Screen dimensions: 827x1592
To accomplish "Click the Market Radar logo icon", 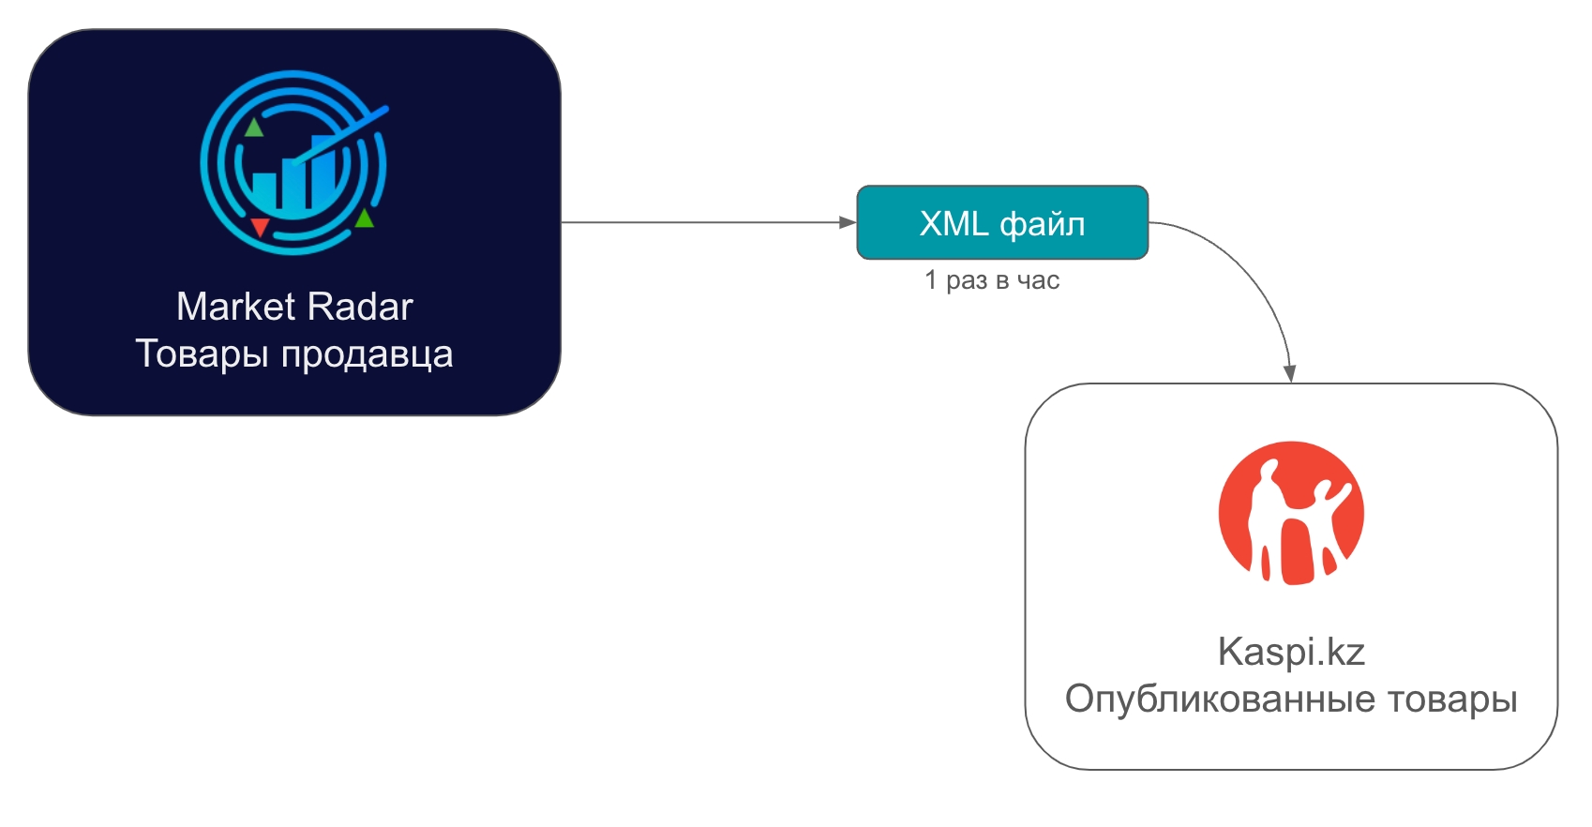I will pyautogui.click(x=293, y=162).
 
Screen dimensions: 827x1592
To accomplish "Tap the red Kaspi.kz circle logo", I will pyautogui.click(x=1291, y=513).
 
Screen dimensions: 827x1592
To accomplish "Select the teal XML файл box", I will pyautogui.click(x=1002, y=222).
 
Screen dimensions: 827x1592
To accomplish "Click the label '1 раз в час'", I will pyautogui.click(x=992, y=280).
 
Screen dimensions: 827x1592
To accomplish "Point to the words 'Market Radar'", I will pyautogui.click(x=294, y=307).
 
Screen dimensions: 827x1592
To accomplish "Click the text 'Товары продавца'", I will pyautogui.click(x=294, y=354).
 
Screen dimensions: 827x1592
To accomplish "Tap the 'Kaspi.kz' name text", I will pyautogui.click(x=1291, y=652).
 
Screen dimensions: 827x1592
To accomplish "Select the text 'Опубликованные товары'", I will pyautogui.click(x=1291, y=699).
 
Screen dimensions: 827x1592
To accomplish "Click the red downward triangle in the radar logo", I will pyautogui.click(x=260, y=227).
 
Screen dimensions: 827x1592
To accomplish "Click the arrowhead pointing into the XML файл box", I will pyautogui.click(x=848, y=222).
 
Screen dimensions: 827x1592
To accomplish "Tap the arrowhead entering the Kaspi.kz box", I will pyautogui.click(x=1290, y=374).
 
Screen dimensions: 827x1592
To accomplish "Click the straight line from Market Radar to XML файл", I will pyautogui.click(x=703, y=222).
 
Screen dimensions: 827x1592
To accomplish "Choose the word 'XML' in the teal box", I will pyautogui.click(x=954, y=223).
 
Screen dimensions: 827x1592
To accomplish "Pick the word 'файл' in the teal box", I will pyautogui.click(x=1043, y=224).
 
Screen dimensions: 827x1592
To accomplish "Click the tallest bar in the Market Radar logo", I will pyautogui.click(x=323, y=173).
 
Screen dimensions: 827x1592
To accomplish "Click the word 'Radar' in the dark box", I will pyautogui.click(x=361, y=307).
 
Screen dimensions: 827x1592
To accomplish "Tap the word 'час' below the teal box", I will pyautogui.click(x=1039, y=280).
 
